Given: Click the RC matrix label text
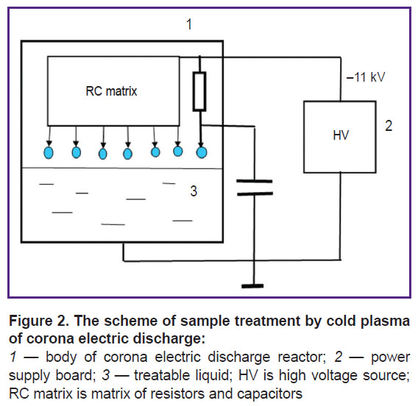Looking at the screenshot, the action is (111, 91).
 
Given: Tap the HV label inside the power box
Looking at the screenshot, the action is (341, 135).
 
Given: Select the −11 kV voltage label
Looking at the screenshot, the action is (366, 77).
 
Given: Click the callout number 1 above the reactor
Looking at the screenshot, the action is (189, 24).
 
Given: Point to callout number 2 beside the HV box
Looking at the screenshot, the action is (389, 126).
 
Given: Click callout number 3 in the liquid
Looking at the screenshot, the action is (194, 191).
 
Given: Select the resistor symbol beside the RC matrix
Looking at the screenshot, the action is (199, 91).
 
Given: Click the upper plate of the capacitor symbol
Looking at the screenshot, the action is (255, 181).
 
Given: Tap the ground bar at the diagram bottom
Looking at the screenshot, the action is (252, 286).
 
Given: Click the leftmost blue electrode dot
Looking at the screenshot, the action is (49, 153).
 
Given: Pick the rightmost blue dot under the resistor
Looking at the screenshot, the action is (202, 153).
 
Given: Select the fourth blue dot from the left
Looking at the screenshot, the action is (128, 154).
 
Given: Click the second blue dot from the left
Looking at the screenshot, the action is (77, 153).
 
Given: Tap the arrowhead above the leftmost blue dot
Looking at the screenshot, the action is (49, 144).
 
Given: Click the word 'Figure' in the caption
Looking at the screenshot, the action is (31, 321).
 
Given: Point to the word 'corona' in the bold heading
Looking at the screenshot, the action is (50, 339).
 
